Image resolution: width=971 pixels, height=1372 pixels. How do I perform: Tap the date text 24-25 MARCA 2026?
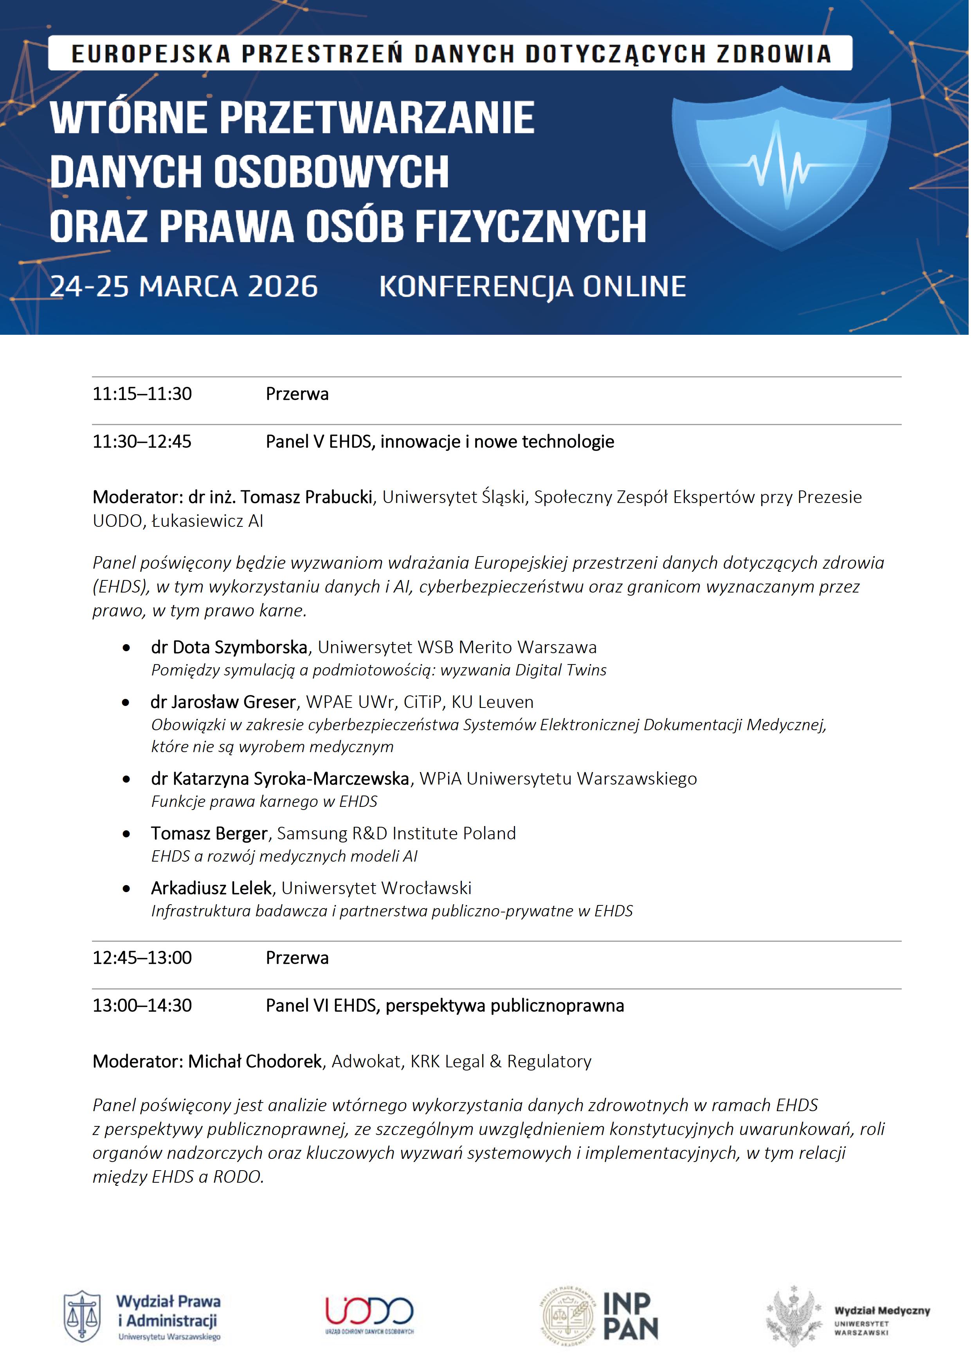click(x=184, y=286)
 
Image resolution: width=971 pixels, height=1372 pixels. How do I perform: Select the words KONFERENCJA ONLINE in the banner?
click(x=532, y=286)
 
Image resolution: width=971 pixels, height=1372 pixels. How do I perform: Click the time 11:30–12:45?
click(x=142, y=442)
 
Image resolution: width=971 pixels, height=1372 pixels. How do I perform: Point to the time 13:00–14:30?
click(x=142, y=1006)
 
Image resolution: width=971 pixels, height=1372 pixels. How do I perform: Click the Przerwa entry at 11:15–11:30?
click(x=297, y=394)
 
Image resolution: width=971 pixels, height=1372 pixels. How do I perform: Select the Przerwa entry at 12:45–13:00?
click(x=297, y=958)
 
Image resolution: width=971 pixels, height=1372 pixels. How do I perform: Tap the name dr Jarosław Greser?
click(x=223, y=702)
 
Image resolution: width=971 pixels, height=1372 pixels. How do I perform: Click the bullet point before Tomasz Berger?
click(x=126, y=833)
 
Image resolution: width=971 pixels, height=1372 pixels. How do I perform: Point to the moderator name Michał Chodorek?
click(x=255, y=1061)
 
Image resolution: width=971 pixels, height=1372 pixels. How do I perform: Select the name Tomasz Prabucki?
click(x=307, y=497)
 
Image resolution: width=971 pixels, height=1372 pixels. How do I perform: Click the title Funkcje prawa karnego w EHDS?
click(x=264, y=801)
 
